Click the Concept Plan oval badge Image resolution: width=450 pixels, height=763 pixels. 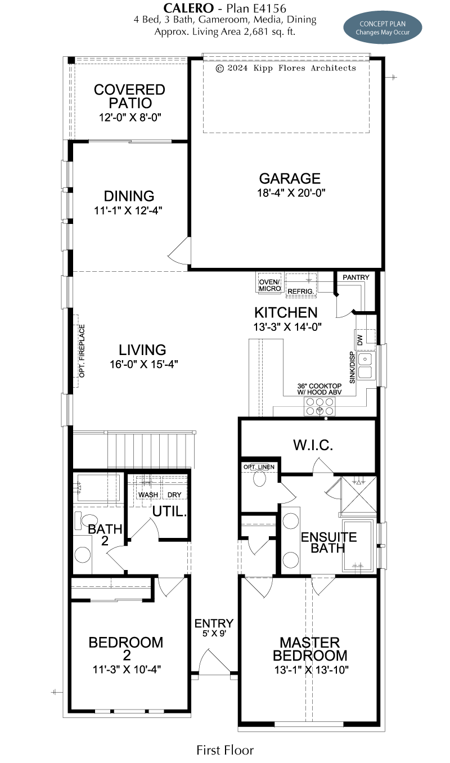[x=382, y=28]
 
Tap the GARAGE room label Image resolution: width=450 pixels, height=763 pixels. [x=290, y=178]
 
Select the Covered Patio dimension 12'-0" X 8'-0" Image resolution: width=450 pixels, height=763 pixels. [x=130, y=118]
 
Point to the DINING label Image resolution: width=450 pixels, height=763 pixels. [x=129, y=196]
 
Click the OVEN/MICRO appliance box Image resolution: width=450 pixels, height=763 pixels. [x=269, y=282]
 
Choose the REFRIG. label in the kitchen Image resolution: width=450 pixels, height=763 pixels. [x=300, y=291]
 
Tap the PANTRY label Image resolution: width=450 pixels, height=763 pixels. [x=355, y=277]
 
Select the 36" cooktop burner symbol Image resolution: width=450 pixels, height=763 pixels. [x=319, y=406]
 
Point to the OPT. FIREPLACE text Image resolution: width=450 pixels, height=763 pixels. [x=82, y=351]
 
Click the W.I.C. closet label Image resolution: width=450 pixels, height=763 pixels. [x=313, y=445]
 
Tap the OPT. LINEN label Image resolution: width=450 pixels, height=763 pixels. [x=259, y=467]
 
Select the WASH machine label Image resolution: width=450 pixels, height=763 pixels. [x=148, y=495]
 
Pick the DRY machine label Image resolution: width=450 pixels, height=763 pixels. [x=174, y=495]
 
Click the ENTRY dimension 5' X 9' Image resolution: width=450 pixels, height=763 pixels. [x=214, y=634]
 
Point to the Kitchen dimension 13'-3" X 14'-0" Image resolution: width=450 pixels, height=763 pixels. [x=287, y=327]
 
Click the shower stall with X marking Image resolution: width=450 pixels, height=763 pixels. [x=359, y=494]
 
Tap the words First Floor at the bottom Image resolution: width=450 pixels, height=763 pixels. [x=225, y=750]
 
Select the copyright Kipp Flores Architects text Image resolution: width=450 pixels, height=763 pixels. [x=286, y=68]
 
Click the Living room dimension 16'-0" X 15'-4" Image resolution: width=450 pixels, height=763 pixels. [x=143, y=365]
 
